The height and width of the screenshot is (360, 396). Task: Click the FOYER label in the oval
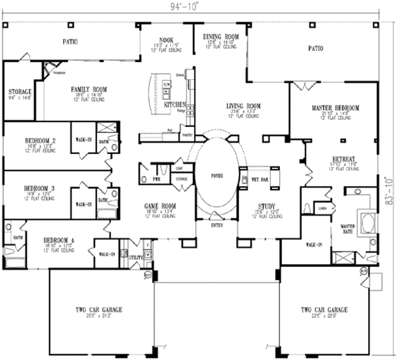(x=217, y=175)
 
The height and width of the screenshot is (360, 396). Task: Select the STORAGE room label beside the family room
(x=20, y=92)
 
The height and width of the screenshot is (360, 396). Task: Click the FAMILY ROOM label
(x=89, y=89)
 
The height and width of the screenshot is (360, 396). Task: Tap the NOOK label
(x=166, y=39)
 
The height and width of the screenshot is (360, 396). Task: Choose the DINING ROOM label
(x=221, y=37)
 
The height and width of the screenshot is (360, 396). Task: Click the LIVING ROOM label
(x=243, y=106)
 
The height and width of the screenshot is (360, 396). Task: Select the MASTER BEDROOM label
(x=335, y=108)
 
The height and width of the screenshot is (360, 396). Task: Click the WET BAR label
(x=260, y=180)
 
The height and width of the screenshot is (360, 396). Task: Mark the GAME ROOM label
(x=160, y=206)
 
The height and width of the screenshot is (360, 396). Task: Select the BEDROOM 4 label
(x=59, y=240)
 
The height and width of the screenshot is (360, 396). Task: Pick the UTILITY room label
(x=136, y=256)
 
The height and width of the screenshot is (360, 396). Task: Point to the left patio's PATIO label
(x=70, y=41)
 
